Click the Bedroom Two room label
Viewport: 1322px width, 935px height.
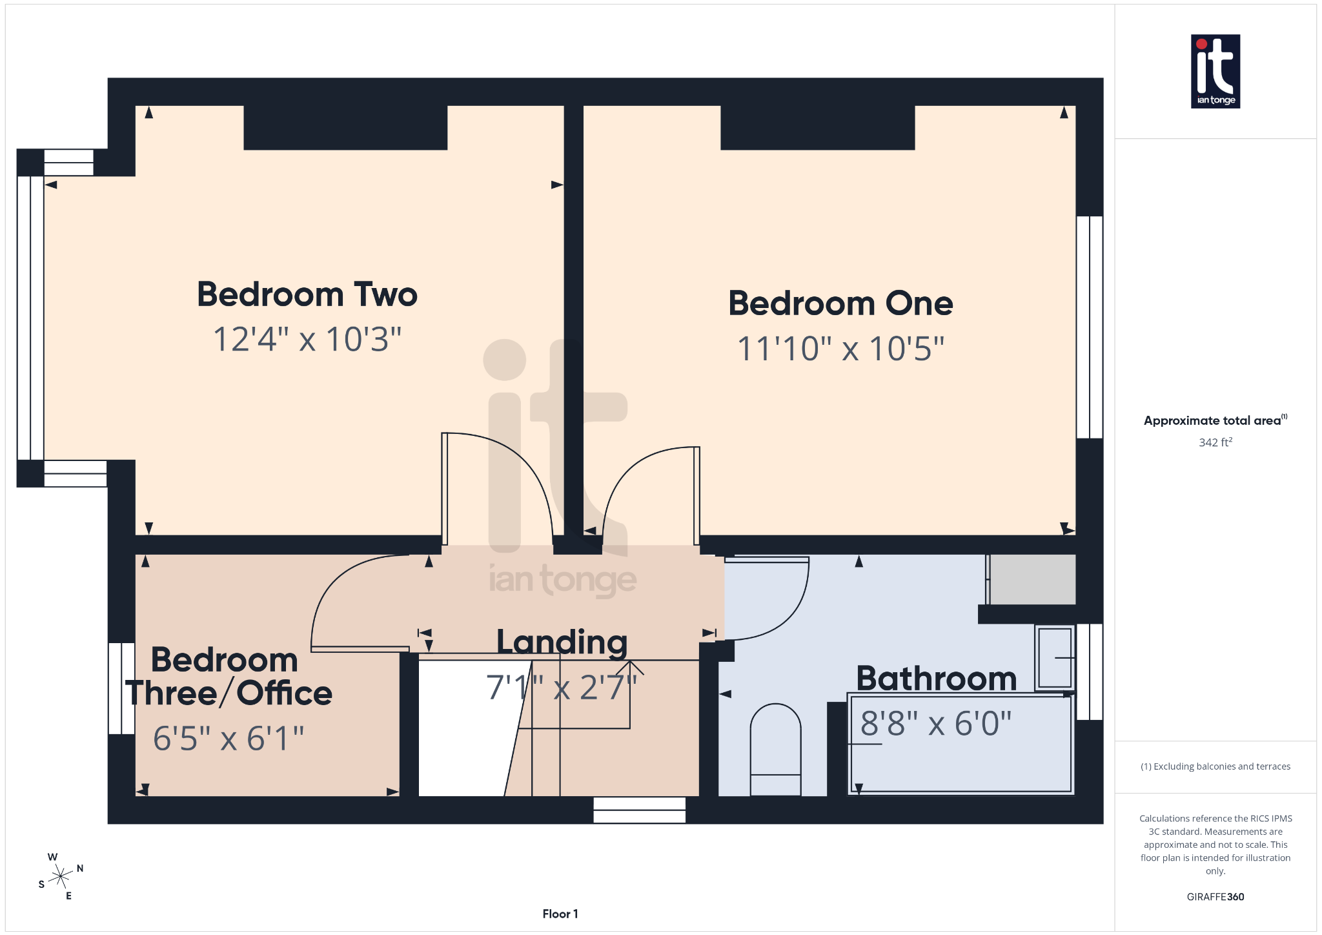pos(307,294)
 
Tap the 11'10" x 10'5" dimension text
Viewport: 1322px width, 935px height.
pos(840,349)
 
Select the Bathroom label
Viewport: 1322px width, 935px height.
pos(936,678)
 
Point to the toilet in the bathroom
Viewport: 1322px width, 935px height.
pos(775,749)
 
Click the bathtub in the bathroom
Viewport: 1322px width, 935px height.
pos(961,755)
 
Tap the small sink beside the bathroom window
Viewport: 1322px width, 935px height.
pos(1055,658)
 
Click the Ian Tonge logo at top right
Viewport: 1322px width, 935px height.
pos(1215,71)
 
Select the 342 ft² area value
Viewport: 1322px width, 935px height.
pos(1215,442)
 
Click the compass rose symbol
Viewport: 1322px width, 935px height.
pos(61,876)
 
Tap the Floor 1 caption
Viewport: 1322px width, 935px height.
pos(560,914)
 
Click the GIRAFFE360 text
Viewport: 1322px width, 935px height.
pos(1215,897)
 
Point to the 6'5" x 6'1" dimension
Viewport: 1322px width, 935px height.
pos(229,738)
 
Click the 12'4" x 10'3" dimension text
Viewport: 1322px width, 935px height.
pos(307,339)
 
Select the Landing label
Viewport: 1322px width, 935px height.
pos(562,642)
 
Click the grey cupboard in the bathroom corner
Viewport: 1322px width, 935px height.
pos(1032,579)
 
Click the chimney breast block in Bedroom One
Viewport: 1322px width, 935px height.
pos(817,127)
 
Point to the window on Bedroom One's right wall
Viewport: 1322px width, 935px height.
pos(1090,327)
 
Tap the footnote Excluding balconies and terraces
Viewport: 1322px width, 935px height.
pos(1215,766)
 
